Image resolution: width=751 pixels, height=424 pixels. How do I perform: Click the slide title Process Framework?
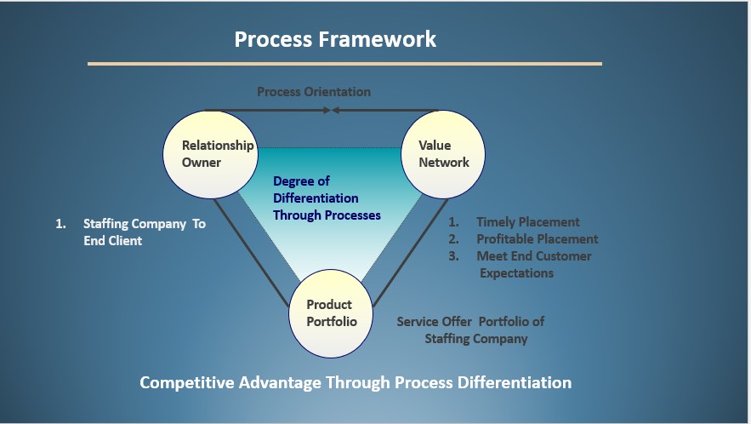[x=335, y=39]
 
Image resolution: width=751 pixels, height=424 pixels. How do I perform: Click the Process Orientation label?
[x=314, y=92]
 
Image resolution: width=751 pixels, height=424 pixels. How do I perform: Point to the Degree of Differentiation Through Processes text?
[x=327, y=198]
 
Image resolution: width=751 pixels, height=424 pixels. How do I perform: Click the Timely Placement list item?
[x=527, y=222]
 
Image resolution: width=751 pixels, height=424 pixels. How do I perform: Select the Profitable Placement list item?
[x=537, y=239]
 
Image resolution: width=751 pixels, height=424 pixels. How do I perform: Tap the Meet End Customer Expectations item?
[x=533, y=256]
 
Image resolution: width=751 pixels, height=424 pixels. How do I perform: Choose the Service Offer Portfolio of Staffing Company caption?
[x=471, y=329]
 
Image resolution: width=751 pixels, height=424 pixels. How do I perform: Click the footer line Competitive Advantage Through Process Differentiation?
[x=356, y=382]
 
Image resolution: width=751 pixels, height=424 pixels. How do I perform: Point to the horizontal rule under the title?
[x=344, y=64]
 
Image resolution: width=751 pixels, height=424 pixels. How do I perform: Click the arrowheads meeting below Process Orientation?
[x=332, y=110]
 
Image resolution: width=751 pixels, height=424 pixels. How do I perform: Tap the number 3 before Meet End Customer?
[x=454, y=256]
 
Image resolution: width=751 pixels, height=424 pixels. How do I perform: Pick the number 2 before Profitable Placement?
[x=454, y=239]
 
